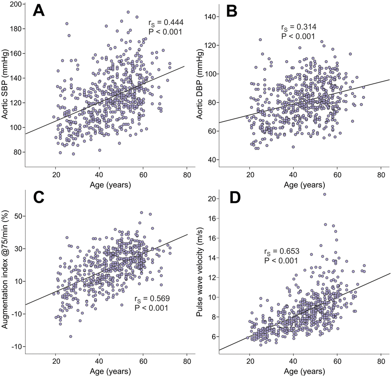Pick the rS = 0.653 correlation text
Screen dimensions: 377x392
[281, 252]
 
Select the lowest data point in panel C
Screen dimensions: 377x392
[71, 336]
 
